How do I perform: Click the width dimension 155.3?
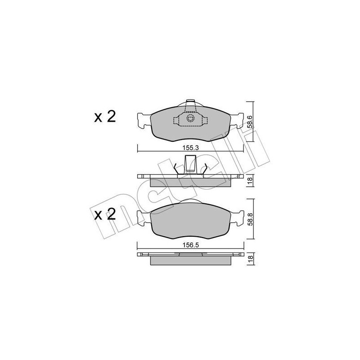coord(190,146)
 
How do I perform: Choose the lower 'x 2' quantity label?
coord(105,214)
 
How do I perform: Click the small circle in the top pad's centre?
coord(190,119)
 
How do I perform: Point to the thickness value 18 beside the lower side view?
coord(250,259)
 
